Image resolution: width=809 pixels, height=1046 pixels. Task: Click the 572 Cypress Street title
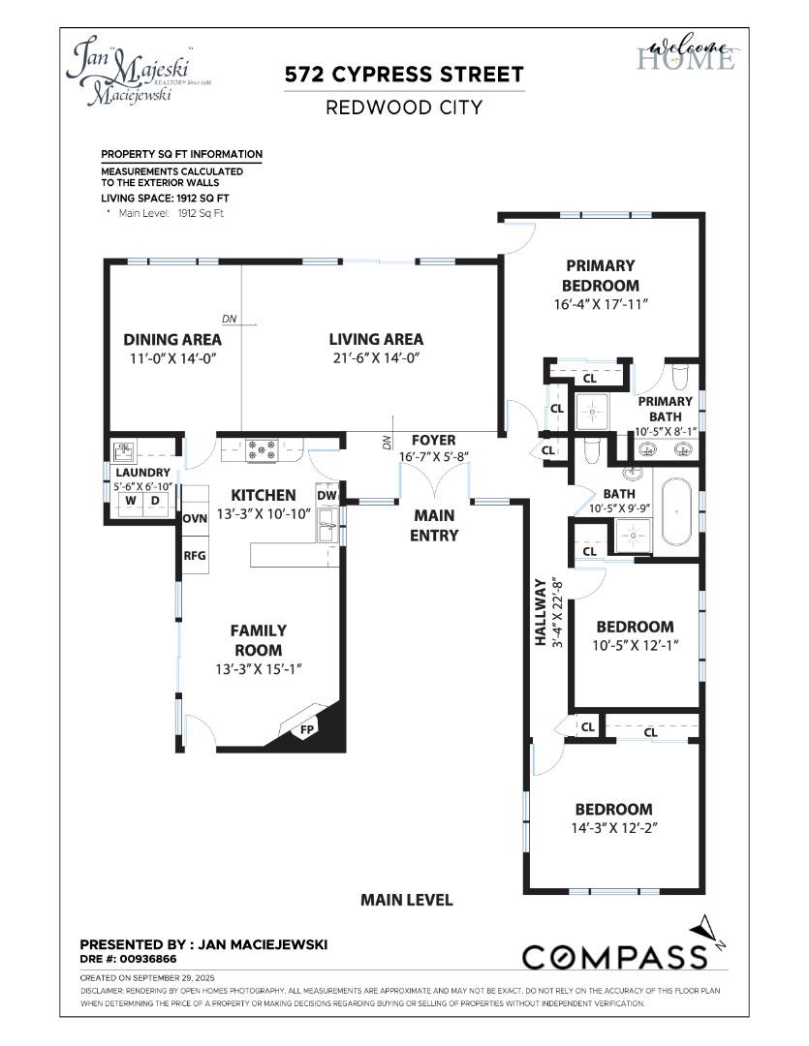tap(404, 75)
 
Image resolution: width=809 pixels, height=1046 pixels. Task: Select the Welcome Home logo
tap(686, 54)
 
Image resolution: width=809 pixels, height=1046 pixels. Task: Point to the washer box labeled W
tap(128, 501)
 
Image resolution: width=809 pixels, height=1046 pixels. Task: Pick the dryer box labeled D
tap(154, 501)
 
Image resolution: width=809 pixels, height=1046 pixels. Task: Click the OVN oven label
tap(195, 518)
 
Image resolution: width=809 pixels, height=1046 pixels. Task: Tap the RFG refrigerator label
tap(195, 556)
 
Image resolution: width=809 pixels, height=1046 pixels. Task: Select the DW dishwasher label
tap(327, 495)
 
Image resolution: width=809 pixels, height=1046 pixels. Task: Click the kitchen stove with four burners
tap(262, 449)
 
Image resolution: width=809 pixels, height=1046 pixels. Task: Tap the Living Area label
tap(376, 339)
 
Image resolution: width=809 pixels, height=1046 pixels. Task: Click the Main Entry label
tap(434, 525)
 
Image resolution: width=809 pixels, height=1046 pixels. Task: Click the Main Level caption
tap(406, 900)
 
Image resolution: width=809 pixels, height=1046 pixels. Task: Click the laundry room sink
tap(123, 450)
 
